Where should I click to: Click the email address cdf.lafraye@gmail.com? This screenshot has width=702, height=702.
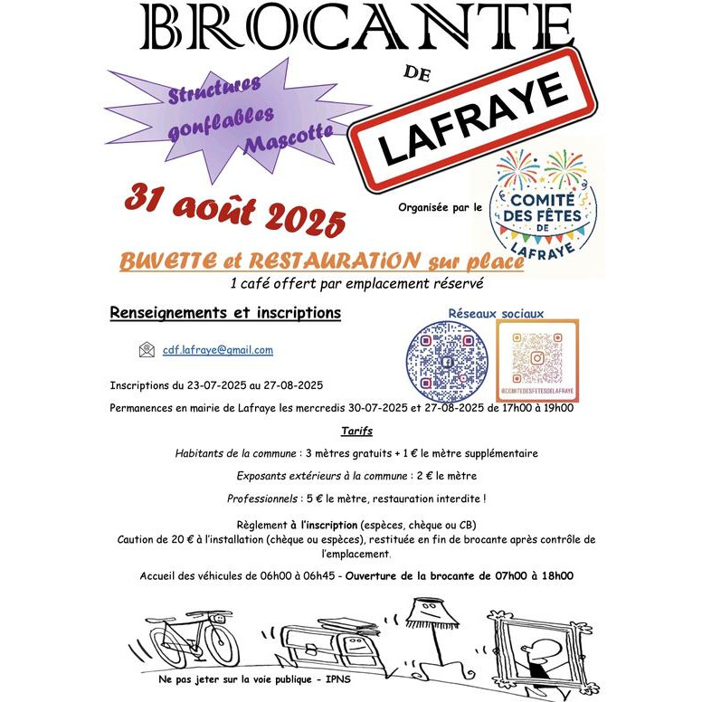pos(218,350)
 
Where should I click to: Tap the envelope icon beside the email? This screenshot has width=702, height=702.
pos(147,350)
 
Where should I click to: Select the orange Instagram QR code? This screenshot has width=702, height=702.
pos(537,356)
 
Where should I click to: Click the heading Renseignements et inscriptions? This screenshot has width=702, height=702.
pos(225,313)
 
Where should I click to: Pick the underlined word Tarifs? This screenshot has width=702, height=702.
pos(357,432)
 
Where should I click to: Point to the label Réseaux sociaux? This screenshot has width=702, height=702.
pos(497,314)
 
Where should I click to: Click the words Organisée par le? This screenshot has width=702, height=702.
pos(440,208)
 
